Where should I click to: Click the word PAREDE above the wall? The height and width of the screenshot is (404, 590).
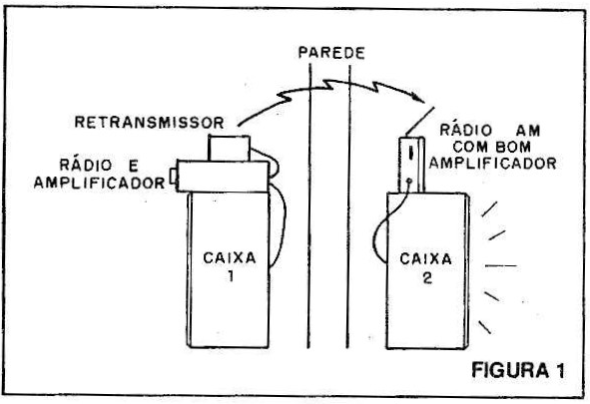(x=331, y=53)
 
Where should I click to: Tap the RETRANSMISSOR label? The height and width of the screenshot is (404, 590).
(x=150, y=123)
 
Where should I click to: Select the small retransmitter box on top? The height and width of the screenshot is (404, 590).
(x=230, y=148)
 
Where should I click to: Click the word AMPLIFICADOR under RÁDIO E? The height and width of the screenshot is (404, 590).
(x=100, y=183)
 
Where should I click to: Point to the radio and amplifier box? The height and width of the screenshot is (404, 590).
(x=224, y=177)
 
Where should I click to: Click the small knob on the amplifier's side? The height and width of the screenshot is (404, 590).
(x=173, y=177)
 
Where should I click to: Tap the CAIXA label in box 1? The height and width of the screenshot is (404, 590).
(x=230, y=258)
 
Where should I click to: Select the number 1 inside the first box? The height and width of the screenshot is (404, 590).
(x=231, y=276)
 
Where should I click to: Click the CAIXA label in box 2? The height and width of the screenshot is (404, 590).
(x=425, y=259)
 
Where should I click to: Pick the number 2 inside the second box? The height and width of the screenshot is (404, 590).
(x=427, y=278)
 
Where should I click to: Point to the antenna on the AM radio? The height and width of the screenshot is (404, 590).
(x=420, y=121)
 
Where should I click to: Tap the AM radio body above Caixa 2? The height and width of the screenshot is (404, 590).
(x=411, y=165)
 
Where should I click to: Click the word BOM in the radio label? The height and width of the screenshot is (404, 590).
(x=513, y=147)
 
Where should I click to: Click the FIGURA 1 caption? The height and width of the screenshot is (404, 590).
(x=518, y=370)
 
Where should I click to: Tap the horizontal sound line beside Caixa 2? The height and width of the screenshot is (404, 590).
(x=501, y=266)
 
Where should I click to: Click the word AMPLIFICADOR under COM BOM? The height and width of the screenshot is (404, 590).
(x=492, y=164)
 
